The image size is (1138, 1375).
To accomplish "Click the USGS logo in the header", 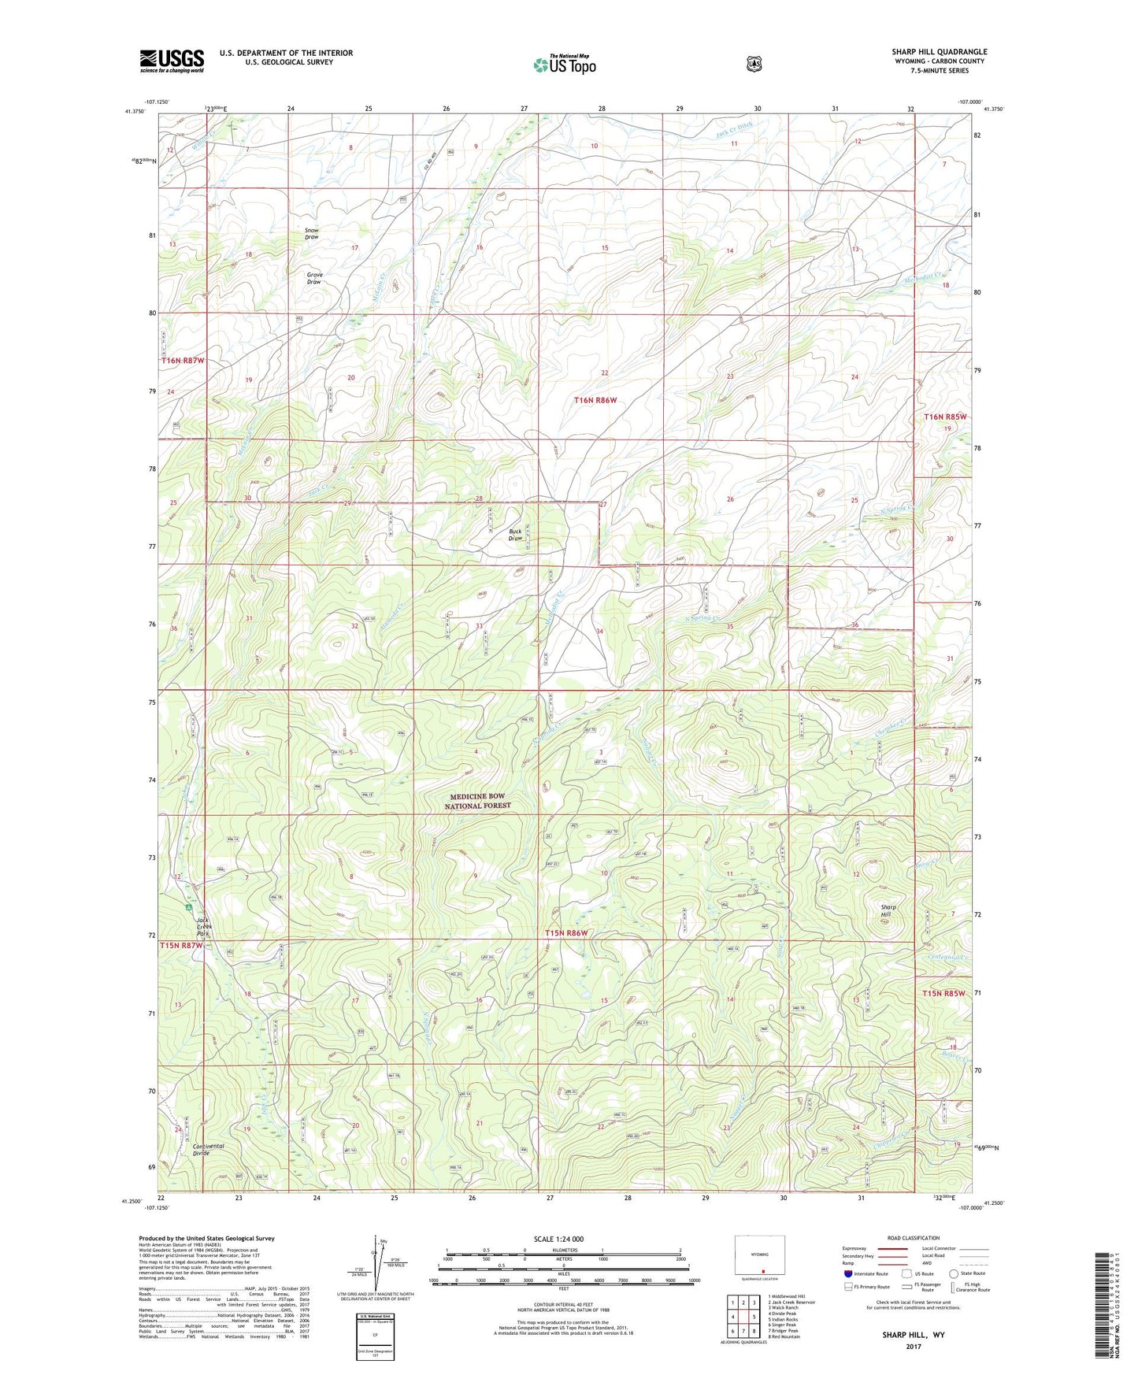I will tap(172, 61).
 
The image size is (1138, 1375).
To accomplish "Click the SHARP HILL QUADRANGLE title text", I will tap(939, 52).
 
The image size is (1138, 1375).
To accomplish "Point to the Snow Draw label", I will tap(312, 234).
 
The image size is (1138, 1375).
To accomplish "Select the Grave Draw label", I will tap(314, 278).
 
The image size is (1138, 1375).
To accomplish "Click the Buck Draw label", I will tap(515, 535).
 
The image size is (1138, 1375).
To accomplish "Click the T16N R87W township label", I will tap(182, 361).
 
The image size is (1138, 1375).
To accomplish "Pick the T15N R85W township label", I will tap(943, 994).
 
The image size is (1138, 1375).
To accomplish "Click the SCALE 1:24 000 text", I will tap(558, 1240).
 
